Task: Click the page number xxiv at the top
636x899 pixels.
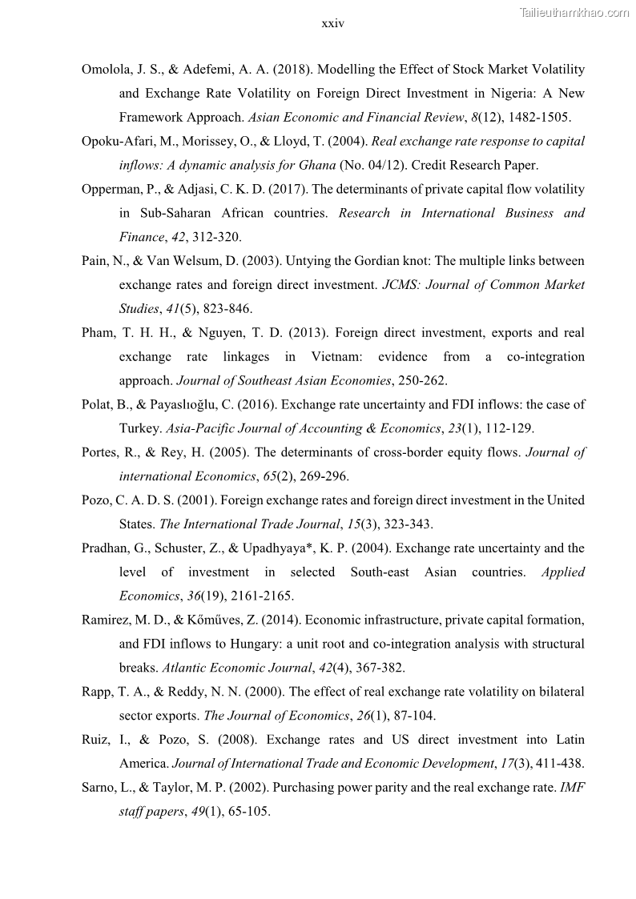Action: [x=332, y=23]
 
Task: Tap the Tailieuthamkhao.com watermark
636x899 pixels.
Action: [x=574, y=12]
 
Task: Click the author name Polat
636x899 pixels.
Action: [x=98, y=405]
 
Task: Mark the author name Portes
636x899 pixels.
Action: [x=101, y=452]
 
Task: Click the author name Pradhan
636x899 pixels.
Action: [x=107, y=548]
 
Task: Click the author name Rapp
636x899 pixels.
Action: [x=98, y=692]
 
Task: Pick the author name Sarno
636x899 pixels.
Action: [x=100, y=788]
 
